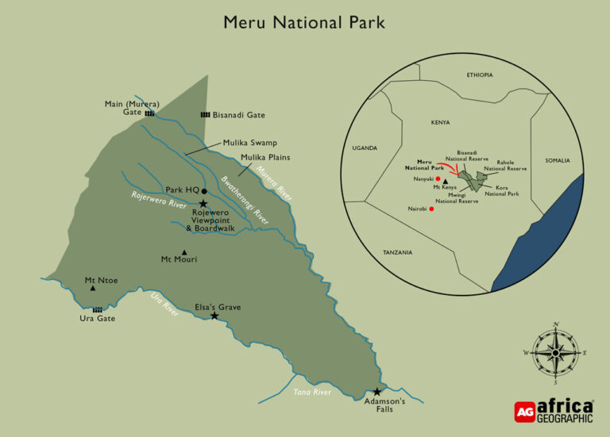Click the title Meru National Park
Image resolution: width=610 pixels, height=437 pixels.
(304, 22)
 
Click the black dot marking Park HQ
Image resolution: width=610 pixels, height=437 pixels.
(204, 191)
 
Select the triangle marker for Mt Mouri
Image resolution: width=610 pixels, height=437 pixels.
(184, 252)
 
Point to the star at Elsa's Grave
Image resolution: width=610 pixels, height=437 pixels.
(214, 316)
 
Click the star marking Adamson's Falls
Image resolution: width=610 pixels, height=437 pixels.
(377, 392)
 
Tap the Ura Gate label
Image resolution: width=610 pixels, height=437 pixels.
(97, 319)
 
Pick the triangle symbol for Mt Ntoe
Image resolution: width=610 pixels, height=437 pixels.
(93, 288)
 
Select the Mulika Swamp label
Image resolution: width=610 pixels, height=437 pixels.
(249, 143)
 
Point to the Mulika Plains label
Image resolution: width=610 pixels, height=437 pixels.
(265, 157)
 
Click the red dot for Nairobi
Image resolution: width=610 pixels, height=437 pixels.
(431, 209)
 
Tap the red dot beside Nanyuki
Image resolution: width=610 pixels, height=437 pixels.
(438, 179)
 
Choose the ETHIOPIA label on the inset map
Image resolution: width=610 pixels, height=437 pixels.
(480, 75)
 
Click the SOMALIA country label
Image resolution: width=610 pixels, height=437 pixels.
(558, 161)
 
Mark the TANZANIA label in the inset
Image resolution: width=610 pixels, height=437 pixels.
(397, 252)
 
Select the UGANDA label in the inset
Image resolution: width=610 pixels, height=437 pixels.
(365, 148)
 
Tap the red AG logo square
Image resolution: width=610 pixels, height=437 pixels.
(524, 411)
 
